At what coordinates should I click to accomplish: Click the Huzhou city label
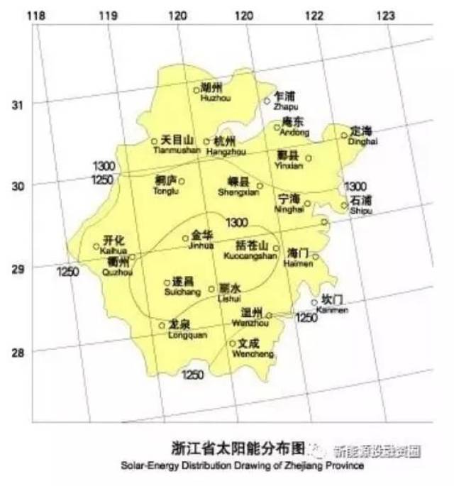[211, 93]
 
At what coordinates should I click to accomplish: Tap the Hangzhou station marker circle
[207, 141]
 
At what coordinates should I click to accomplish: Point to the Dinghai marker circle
[344, 135]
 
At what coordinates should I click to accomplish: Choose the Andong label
[294, 127]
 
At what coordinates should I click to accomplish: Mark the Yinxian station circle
[309, 158]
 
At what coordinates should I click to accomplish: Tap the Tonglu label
[166, 185]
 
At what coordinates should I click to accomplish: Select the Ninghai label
[289, 203]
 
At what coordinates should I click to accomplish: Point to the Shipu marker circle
[344, 206]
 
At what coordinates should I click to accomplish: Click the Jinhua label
[201, 240]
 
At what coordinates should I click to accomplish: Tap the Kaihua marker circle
[96, 247]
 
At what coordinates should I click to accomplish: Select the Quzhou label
[115, 265]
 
